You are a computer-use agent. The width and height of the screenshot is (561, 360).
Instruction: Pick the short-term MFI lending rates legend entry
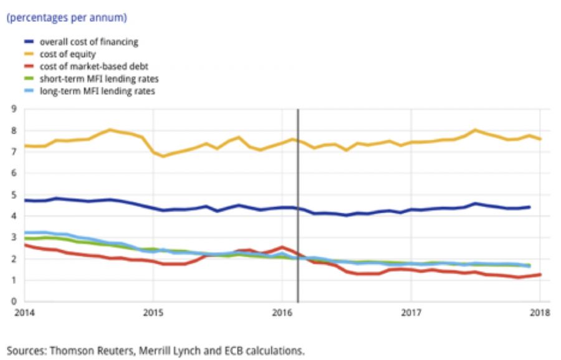98,79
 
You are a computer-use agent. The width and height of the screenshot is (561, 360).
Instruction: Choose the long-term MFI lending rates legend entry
97,92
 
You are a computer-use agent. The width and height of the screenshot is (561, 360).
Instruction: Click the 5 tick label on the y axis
12,195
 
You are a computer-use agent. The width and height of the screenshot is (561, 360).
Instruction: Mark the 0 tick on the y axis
12,301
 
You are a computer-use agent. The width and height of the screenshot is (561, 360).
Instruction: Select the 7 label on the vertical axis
12,152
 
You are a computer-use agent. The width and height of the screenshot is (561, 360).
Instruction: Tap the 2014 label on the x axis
23,313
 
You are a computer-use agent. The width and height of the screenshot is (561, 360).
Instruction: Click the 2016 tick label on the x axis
282,313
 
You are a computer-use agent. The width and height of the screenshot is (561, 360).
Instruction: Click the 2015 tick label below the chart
153,313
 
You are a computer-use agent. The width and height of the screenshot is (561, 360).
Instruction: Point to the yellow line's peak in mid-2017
476,130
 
